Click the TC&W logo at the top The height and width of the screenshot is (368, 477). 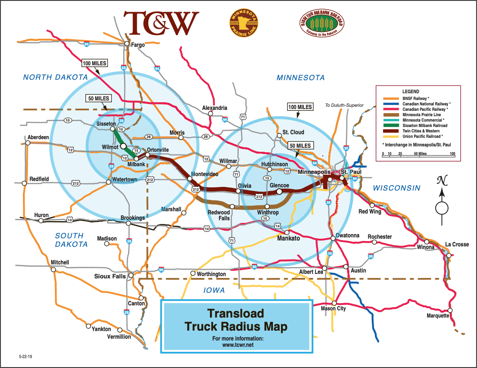tap(161, 23)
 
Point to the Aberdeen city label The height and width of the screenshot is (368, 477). tap(38, 137)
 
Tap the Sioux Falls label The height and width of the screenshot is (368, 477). tap(110, 276)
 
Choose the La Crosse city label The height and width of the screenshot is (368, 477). tap(457, 245)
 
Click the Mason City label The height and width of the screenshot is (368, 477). tap(333, 309)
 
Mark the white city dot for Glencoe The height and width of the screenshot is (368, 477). tap(280, 191)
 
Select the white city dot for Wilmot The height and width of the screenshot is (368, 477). tap(123, 146)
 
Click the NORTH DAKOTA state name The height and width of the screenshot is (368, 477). tap(55, 77)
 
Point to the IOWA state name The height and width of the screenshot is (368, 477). tap(214, 290)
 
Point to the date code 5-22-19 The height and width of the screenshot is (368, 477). tap(26, 356)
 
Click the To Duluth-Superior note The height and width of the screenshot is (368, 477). tap(344, 105)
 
